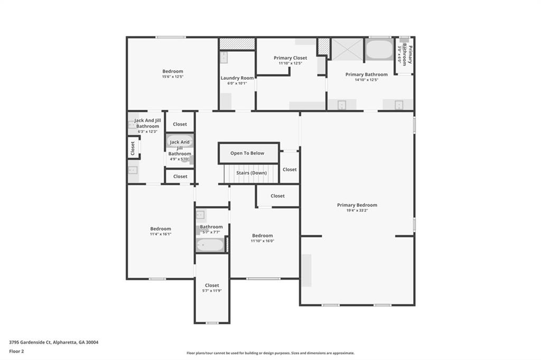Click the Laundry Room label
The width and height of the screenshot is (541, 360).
pos(237,78)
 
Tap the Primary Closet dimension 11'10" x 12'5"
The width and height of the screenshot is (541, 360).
pos(290,63)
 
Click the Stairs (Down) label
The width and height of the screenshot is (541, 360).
pos(251,173)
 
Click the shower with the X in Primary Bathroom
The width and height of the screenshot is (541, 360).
pos(347,49)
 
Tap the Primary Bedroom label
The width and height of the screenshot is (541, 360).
pos(357,205)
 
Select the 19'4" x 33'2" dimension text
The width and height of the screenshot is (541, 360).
pos(357,211)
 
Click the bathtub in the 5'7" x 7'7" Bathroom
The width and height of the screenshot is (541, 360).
pos(210,245)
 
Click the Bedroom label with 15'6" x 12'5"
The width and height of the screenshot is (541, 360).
pos(173,71)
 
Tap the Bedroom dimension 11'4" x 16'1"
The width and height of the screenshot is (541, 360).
pos(161,234)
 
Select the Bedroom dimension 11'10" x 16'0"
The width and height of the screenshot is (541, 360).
pos(263,241)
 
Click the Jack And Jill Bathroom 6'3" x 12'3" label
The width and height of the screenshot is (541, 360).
pos(147,124)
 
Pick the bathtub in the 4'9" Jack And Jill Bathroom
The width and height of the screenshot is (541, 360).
pos(180,141)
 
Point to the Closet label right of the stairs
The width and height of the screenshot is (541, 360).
pos(290,169)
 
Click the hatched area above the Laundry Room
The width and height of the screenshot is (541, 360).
pos(237,44)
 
